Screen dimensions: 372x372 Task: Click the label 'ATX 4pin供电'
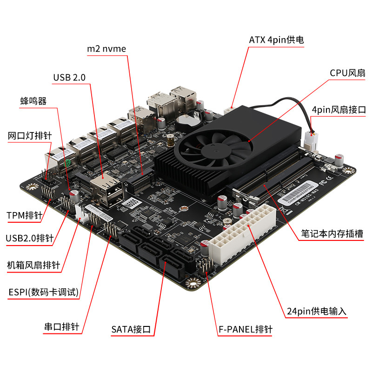[276, 40]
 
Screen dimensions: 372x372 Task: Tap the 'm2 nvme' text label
[106, 48]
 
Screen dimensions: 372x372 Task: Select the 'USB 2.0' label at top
[69, 78]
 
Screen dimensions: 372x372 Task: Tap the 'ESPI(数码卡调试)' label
[44, 292]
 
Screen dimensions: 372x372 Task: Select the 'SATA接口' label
[131, 330]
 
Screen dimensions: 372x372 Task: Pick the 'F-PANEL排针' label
[245, 330]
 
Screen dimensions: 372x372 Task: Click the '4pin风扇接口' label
[339, 110]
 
